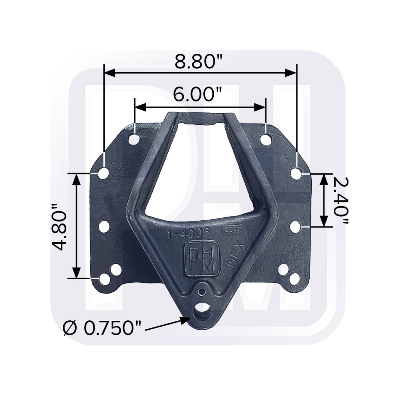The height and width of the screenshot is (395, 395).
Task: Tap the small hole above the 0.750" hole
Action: click(x=202, y=292)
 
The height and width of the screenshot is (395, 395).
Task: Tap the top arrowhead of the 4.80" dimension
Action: click(x=76, y=178)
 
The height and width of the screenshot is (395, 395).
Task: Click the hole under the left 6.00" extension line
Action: click(x=134, y=139)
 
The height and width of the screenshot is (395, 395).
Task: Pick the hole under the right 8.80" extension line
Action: click(x=296, y=173)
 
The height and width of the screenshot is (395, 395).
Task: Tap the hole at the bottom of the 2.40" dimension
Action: click(x=296, y=227)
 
